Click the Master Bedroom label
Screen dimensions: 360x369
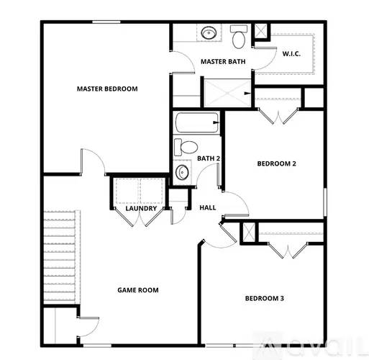click(107, 89)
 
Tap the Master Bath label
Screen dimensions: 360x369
click(223, 61)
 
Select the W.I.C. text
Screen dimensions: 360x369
click(291, 53)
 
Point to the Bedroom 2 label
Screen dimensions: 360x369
click(277, 163)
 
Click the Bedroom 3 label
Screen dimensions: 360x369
click(264, 298)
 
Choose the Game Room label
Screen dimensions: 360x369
click(138, 290)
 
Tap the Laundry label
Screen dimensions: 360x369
click(141, 209)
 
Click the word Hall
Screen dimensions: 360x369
click(208, 208)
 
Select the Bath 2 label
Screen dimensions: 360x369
click(209, 158)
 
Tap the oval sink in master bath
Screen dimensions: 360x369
click(209, 33)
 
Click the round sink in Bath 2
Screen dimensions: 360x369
click(183, 172)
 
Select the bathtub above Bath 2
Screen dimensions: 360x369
click(196, 124)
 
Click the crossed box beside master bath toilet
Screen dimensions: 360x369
click(261, 32)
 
